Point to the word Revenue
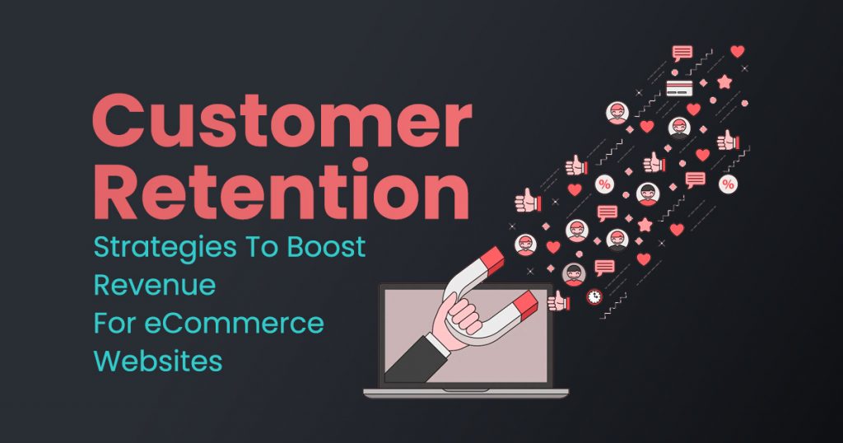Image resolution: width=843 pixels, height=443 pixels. coord(154,286)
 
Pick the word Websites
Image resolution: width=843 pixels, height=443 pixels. coord(157,361)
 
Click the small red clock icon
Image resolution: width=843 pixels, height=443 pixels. coord(594,296)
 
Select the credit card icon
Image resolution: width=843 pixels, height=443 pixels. coord(678,86)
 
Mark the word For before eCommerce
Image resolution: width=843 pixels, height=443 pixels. coord(112,324)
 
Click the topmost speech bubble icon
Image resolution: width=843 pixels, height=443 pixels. coord(682,54)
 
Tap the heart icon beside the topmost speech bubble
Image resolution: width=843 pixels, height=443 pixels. coord(737,51)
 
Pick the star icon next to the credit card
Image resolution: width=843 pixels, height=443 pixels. coord(724,82)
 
